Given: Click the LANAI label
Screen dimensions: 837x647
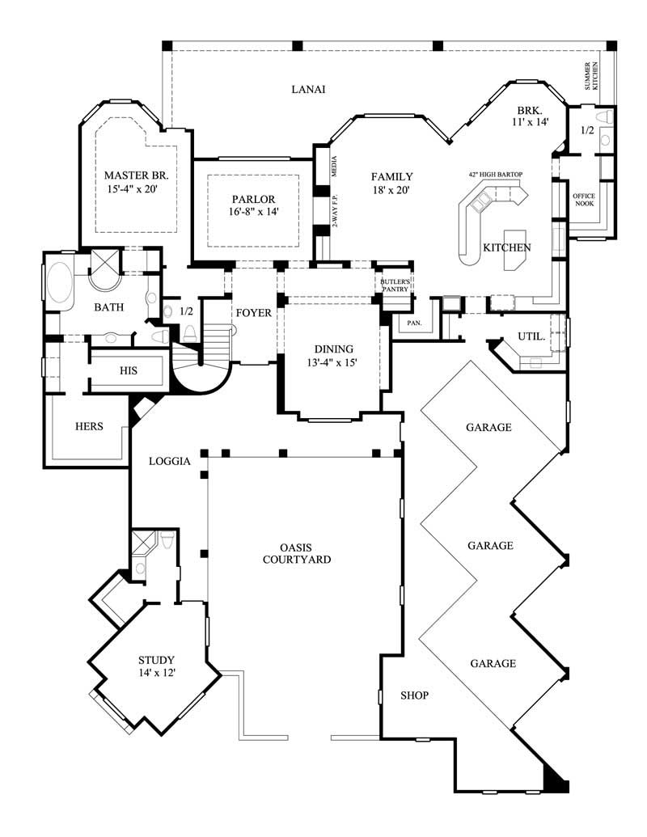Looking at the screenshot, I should [308, 90].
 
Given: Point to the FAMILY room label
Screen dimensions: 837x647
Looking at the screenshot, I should [392, 176].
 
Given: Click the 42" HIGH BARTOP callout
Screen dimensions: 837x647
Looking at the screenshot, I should [495, 174].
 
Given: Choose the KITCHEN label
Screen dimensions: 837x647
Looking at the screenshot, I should [506, 247].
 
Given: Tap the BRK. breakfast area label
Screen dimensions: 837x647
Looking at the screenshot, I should [530, 110].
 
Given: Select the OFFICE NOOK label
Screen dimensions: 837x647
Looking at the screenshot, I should [584, 200].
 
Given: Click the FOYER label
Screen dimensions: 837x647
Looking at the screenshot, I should [252, 313].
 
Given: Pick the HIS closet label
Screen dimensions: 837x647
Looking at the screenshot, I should [128, 371].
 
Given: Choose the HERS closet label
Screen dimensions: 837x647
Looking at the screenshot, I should [89, 426].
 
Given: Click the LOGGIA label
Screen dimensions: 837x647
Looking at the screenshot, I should [170, 462].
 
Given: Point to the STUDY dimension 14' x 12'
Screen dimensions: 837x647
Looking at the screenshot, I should [156, 672].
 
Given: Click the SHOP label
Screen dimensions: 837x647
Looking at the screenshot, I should [414, 695].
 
